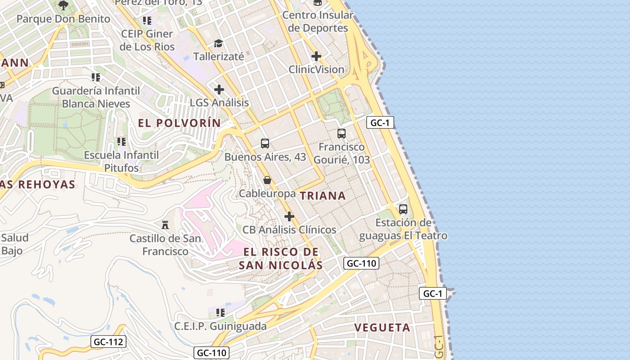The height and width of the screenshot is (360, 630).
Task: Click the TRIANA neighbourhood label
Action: (x=323, y=196)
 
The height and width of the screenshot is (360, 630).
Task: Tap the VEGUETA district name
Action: (x=382, y=328)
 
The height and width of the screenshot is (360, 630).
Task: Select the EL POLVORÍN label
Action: (x=180, y=123)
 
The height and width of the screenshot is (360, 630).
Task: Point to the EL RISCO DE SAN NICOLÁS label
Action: (x=281, y=258)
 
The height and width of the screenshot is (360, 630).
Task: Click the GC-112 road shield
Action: (x=108, y=342)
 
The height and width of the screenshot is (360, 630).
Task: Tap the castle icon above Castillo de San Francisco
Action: (x=165, y=224)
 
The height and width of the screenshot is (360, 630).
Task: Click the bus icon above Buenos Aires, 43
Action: (x=265, y=144)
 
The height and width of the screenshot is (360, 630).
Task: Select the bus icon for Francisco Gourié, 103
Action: (x=342, y=134)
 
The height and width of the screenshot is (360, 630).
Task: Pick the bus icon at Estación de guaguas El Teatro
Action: (x=403, y=209)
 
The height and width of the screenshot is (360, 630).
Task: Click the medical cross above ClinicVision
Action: (x=316, y=56)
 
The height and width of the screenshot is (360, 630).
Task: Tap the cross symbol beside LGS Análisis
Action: (x=219, y=90)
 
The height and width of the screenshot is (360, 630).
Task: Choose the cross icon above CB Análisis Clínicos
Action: (x=289, y=217)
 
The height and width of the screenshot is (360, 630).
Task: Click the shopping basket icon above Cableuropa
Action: (x=267, y=180)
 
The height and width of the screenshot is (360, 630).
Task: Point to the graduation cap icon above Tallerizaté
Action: (x=218, y=43)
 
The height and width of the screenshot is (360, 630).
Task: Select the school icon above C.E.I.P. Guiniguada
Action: (x=220, y=312)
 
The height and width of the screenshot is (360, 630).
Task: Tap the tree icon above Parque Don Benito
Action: (x=63, y=5)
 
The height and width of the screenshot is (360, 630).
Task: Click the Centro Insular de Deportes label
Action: (x=318, y=22)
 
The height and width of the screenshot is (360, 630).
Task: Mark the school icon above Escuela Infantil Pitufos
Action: (x=121, y=142)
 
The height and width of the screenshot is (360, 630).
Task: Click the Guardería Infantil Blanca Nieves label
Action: (x=96, y=97)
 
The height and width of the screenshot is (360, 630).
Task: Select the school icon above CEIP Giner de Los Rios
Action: (x=147, y=21)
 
